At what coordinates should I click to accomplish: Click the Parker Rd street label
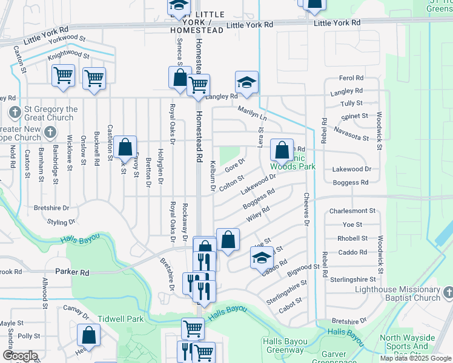coord(72,273)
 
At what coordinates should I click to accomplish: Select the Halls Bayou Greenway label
coord(283,345)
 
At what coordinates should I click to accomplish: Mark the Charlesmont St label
coord(352,212)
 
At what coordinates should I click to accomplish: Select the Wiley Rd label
coord(258,215)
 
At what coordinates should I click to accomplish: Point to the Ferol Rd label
coord(351,79)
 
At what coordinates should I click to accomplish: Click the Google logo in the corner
coord(20,356)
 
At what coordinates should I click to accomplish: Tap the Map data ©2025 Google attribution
coord(416,358)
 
